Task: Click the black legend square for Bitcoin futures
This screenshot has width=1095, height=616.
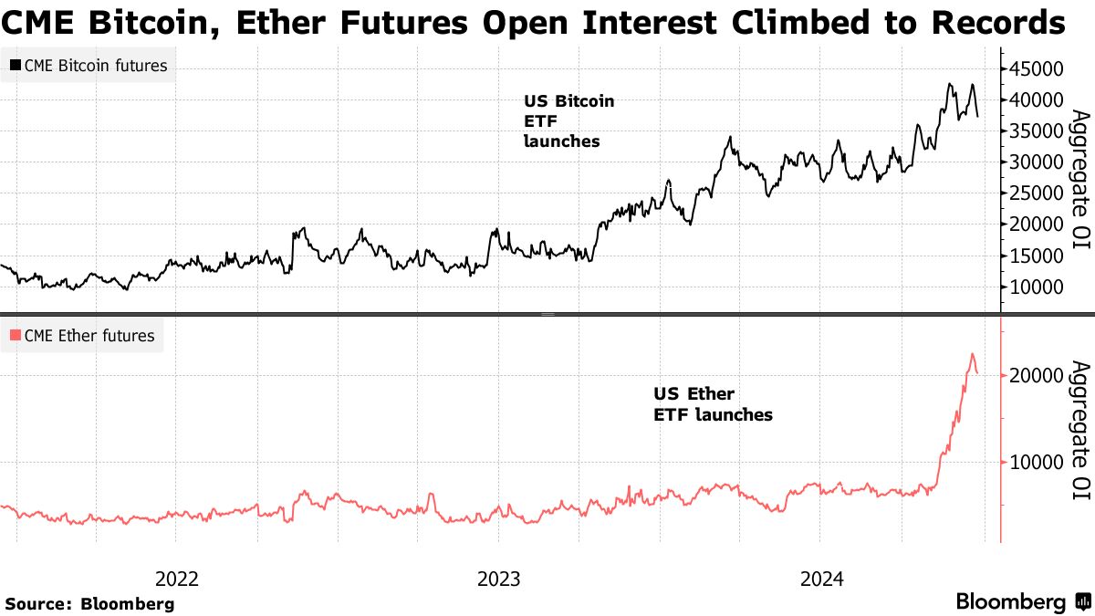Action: point(16,65)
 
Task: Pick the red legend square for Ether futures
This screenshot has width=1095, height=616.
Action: point(16,336)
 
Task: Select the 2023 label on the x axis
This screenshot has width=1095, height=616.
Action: point(498,578)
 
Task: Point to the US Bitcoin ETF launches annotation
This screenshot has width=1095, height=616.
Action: point(568,121)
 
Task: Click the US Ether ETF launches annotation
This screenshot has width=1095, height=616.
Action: point(713,404)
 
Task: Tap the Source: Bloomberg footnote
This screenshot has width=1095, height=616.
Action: point(89,603)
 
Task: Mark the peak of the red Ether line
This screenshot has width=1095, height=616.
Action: point(972,354)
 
